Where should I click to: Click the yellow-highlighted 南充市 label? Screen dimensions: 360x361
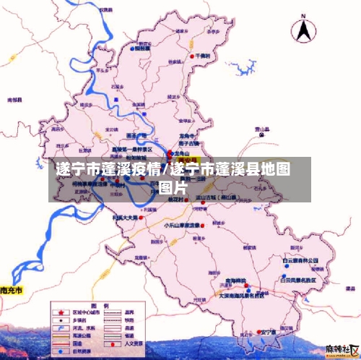11,291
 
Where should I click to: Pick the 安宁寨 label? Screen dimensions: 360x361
269,332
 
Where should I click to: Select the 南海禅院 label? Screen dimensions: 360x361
236,280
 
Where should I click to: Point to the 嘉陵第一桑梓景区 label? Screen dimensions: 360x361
131,149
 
